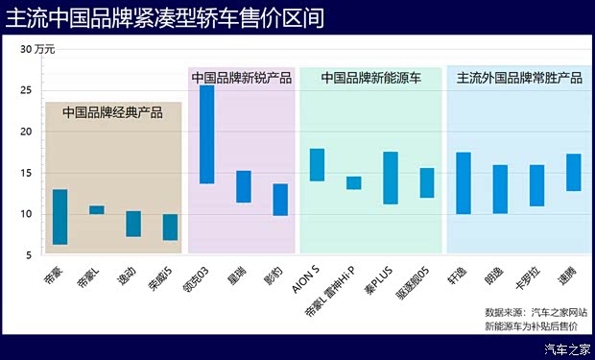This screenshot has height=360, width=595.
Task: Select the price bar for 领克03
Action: [206, 134]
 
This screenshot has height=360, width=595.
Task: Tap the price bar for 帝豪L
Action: [97, 209]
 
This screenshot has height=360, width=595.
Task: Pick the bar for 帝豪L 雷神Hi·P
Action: [354, 182]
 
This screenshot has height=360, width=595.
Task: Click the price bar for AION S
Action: [317, 165]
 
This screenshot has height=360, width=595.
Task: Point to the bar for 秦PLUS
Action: [391, 178]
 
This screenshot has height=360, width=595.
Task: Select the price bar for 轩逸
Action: [464, 182]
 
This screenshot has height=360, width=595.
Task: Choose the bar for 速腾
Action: [574, 172]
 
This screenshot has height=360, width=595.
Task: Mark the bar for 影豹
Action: [280, 200]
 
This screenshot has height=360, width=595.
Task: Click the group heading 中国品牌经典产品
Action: [112, 112]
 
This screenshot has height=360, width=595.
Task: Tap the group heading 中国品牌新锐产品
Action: [241, 79]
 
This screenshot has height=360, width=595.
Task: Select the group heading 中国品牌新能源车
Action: [370, 79]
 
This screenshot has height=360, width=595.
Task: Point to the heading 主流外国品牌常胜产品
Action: [519, 79]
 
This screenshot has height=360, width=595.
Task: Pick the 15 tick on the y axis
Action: [24, 173]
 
